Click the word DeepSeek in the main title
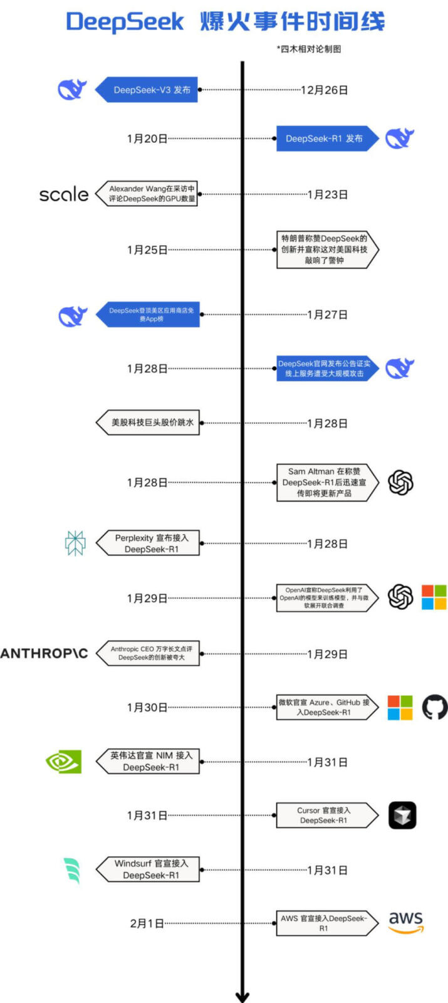click(125, 22)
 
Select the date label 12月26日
click(324, 90)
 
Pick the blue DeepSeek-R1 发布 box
click(325, 139)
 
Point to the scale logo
click(63, 194)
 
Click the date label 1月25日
click(147, 250)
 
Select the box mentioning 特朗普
click(325, 249)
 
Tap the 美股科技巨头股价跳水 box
click(150, 423)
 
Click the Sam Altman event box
click(325, 483)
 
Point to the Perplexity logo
click(75, 544)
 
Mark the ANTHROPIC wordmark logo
click(44, 653)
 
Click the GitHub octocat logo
click(434, 707)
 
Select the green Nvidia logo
click(64, 762)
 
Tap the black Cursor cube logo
click(402, 816)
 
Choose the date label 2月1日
click(147, 923)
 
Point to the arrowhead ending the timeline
click(242, 996)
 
